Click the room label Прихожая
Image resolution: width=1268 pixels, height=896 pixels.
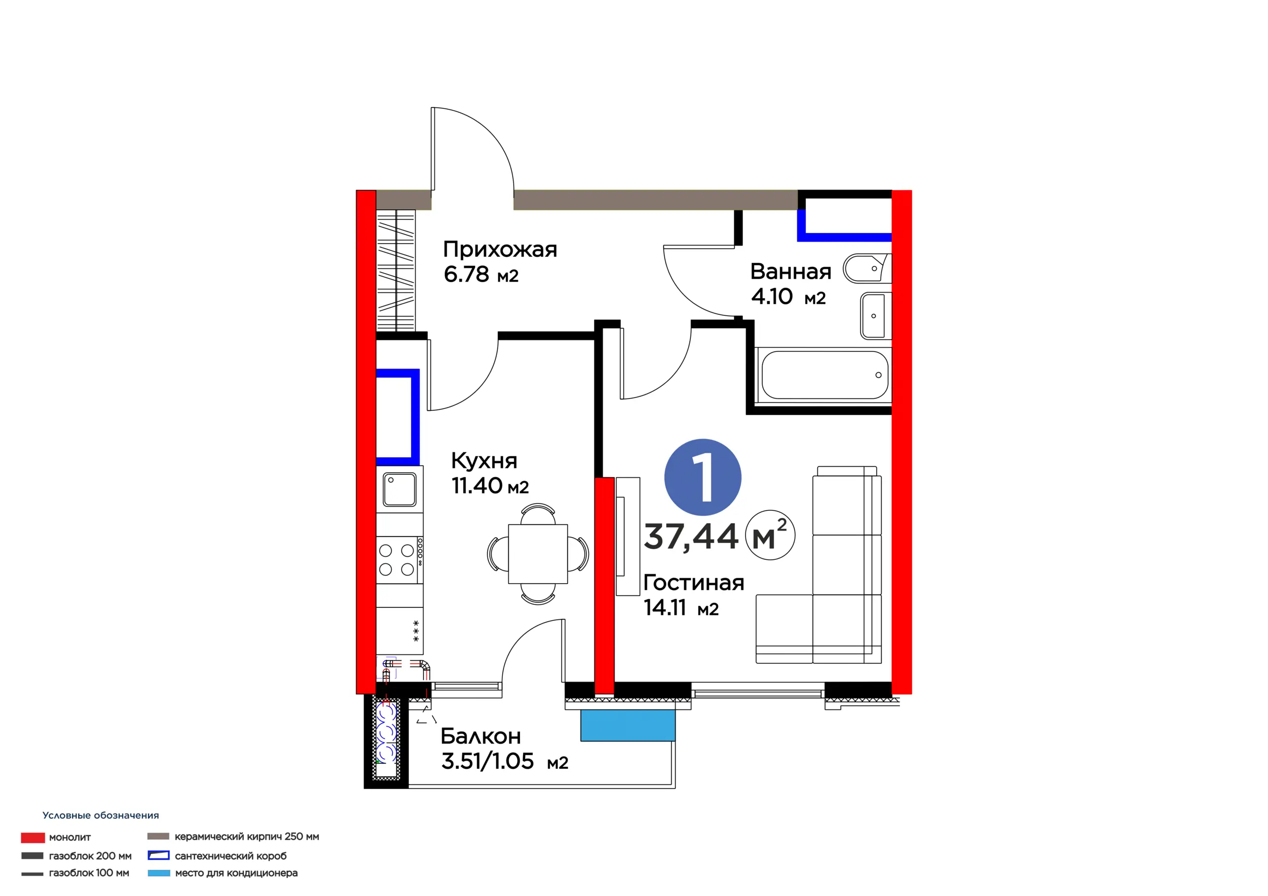point(500,250)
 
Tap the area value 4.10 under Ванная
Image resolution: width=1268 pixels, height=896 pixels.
point(772,297)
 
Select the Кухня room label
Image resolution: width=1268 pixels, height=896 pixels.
point(484,460)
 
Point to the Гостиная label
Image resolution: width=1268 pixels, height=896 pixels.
point(693,583)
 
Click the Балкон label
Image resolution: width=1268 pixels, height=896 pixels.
point(480,736)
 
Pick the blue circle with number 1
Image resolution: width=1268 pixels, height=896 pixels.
point(702,477)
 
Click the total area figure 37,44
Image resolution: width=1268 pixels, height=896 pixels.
point(691,536)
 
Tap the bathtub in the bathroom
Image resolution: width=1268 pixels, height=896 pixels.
point(824,375)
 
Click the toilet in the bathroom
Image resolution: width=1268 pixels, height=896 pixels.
point(867,268)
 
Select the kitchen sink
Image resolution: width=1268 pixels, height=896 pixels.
point(400,489)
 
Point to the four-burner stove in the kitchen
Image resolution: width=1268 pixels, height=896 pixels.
point(400,559)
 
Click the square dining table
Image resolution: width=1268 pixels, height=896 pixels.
point(538,554)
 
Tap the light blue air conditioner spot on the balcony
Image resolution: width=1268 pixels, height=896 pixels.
point(628,725)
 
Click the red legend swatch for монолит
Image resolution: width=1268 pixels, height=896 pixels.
point(33,838)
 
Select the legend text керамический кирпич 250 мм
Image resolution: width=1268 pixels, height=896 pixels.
point(247,837)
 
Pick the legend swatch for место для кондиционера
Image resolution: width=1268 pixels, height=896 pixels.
point(158,873)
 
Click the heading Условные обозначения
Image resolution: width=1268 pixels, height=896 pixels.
point(101,815)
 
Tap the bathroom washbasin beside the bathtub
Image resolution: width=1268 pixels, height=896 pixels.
point(876,316)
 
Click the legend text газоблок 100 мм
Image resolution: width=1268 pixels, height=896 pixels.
point(89,873)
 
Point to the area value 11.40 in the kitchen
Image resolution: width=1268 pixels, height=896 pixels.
point(476,486)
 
